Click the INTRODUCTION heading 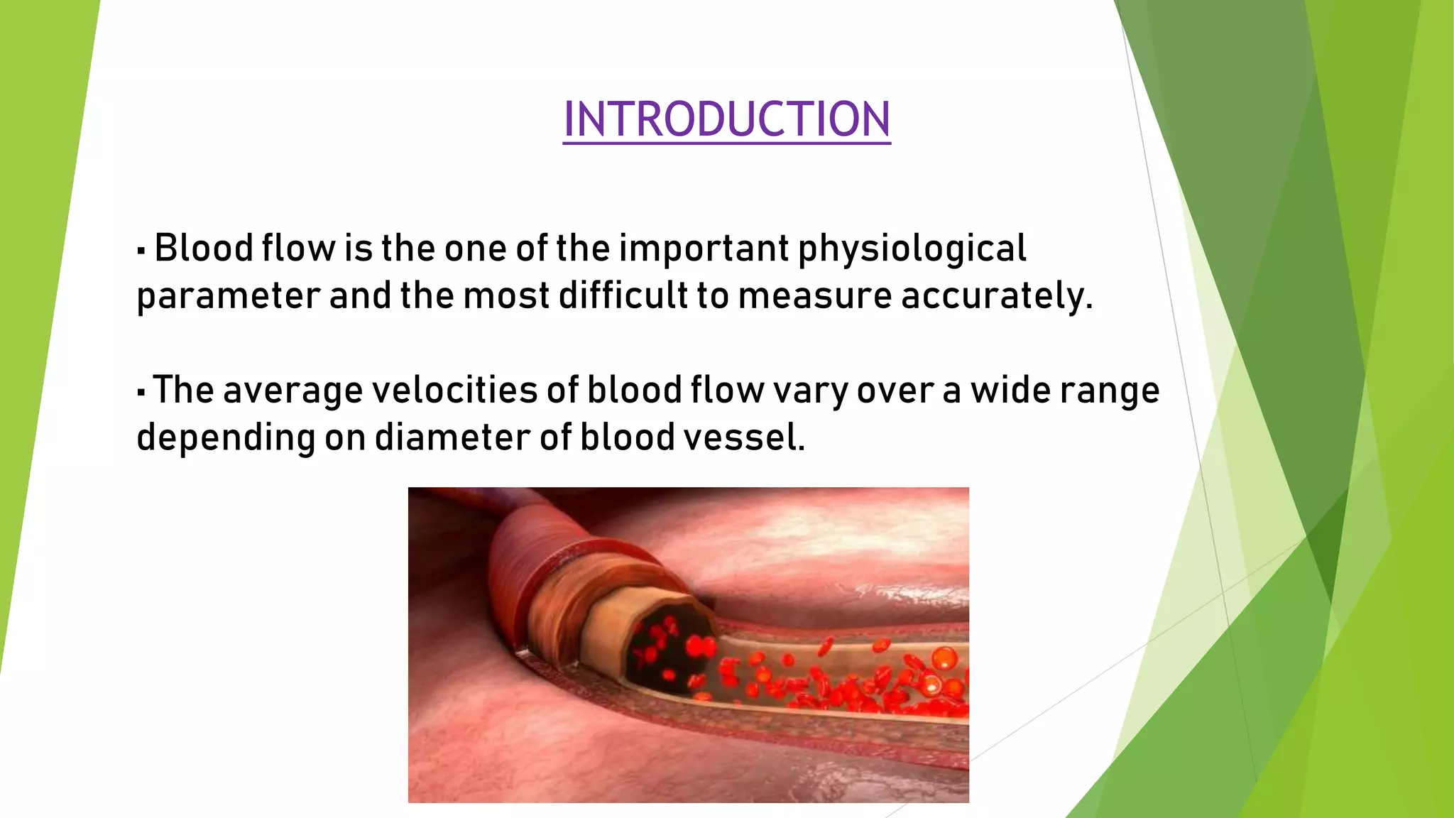click(x=726, y=119)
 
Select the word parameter click(x=228, y=297)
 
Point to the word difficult click(x=623, y=295)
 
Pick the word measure click(x=814, y=297)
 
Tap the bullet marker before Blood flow click(x=141, y=250)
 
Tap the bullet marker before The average click(x=141, y=391)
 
